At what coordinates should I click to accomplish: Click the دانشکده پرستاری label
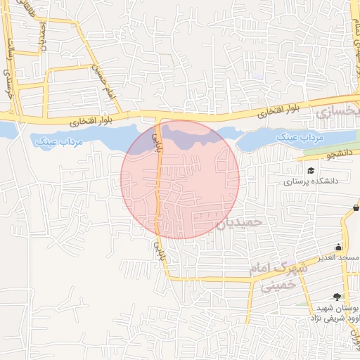[x=311, y=181]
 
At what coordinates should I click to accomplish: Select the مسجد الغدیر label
[x=339, y=258]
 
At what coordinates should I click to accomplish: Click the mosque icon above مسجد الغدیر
[x=340, y=247]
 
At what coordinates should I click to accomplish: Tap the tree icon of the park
[x=337, y=297]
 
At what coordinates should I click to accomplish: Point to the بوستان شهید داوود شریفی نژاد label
[x=332, y=314]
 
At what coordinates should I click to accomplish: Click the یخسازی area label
[x=337, y=111]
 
